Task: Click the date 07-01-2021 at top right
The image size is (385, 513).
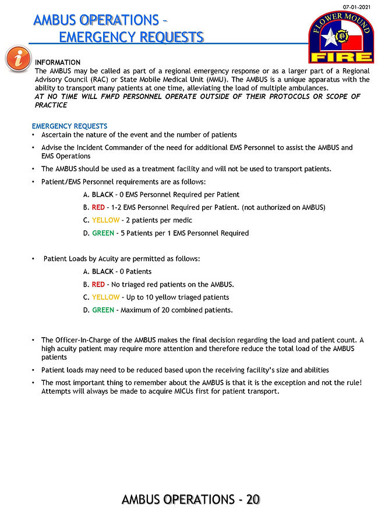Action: (x=356, y=6)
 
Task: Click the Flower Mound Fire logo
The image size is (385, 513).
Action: (x=340, y=36)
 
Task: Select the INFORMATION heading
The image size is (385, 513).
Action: (x=58, y=62)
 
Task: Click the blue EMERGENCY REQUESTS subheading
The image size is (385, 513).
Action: (x=69, y=126)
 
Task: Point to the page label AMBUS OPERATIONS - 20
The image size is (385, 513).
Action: (x=190, y=499)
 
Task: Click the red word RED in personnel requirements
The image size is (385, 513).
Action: (x=99, y=207)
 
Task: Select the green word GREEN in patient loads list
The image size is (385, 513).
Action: (x=103, y=310)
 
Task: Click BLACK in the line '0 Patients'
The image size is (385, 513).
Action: (x=103, y=271)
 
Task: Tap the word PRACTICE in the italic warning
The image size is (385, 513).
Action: (x=51, y=105)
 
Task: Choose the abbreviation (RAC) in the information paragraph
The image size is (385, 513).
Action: (x=103, y=79)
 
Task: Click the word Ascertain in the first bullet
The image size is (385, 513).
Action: (x=58, y=135)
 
